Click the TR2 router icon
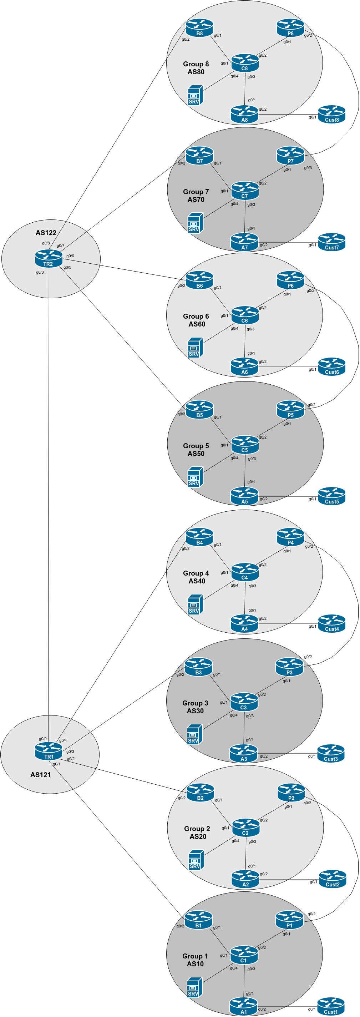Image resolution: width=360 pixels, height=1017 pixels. pos(49,259)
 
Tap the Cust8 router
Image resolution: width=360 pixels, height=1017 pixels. pos(331,114)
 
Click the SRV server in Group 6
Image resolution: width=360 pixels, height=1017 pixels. pos(195,348)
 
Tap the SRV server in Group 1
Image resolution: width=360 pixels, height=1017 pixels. pos(194,987)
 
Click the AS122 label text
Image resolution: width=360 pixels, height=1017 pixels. pos(46,233)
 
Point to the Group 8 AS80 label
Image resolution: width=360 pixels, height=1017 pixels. pos(196,68)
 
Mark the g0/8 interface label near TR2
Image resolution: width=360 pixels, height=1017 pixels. pos(46,243)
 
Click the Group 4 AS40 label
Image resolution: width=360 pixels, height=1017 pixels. pos(196,577)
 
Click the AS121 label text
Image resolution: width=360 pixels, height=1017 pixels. pos(40,775)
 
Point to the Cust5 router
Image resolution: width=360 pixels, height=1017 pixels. pos(331,496)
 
